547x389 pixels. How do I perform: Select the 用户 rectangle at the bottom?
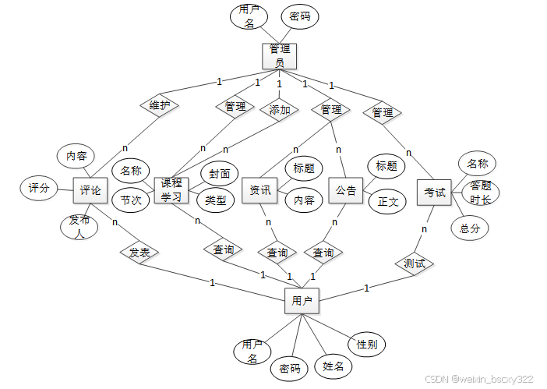pos(302,300)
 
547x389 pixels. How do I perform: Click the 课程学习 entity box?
pos(171,189)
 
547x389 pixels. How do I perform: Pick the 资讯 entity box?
pos(260,190)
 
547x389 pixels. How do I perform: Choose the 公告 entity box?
pos(346,190)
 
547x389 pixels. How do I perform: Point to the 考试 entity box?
pos(435,193)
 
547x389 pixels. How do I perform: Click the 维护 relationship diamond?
pos(160,105)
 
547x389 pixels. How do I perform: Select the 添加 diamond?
pos(279,110)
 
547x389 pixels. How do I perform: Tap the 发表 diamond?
pos(139,253)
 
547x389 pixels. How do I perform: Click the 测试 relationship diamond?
pos(414,263)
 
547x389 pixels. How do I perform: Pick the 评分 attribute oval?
pos(39,188)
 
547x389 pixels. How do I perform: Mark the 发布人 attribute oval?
pos(79,226)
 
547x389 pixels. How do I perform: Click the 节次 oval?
pos(131,200)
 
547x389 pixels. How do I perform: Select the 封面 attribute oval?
pos(219,173)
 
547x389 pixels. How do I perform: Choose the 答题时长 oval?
pos(480,193)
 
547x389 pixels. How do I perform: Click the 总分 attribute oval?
pos(470,228)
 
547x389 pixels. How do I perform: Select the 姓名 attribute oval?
pos(333,366)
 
